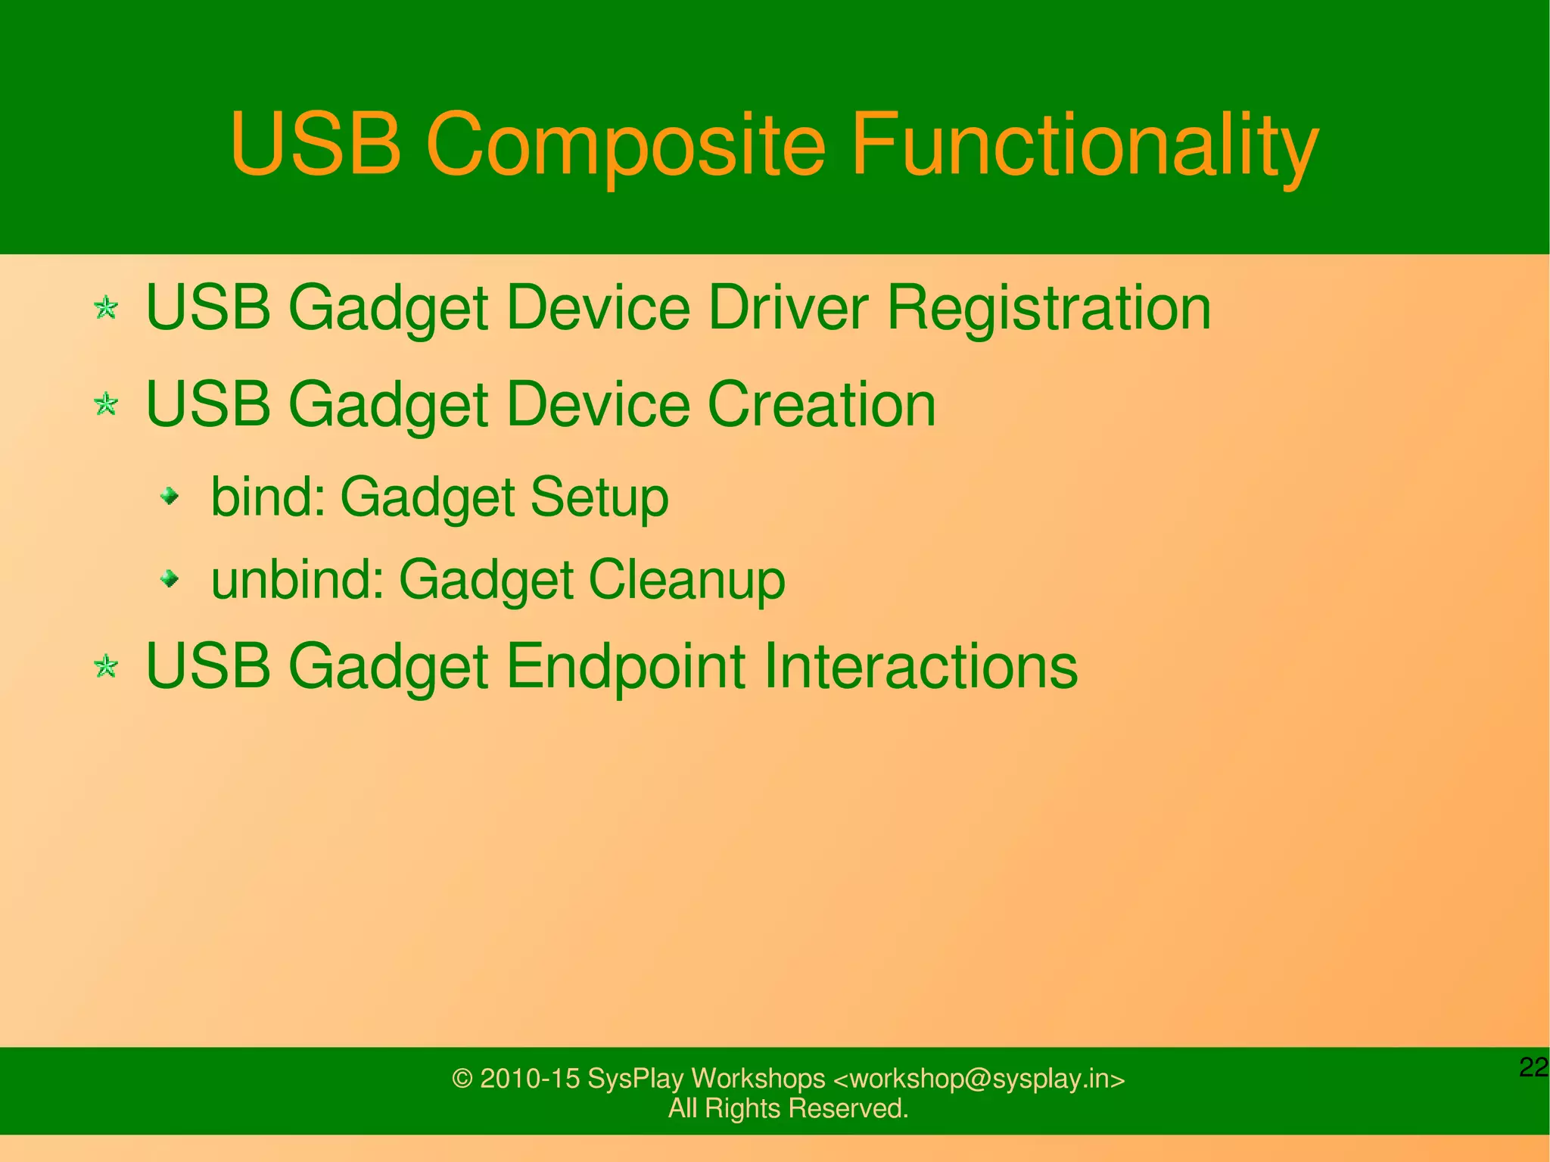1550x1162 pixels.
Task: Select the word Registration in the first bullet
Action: (x=1048, y=308)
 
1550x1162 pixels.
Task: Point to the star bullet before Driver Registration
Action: (x=106, y=308)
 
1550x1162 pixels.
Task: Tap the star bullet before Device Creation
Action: (x=106, y=404)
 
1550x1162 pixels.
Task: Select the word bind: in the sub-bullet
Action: (x=268, y=497)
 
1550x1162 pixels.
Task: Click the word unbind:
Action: (x=297, y=580)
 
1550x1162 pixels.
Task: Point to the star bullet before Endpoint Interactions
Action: (x=106, y=667)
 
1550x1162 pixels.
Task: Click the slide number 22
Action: (x=1533, y=1067)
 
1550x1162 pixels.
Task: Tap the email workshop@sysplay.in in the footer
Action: (x=979, y=1079)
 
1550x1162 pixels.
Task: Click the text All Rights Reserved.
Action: (x=788, y=1108)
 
